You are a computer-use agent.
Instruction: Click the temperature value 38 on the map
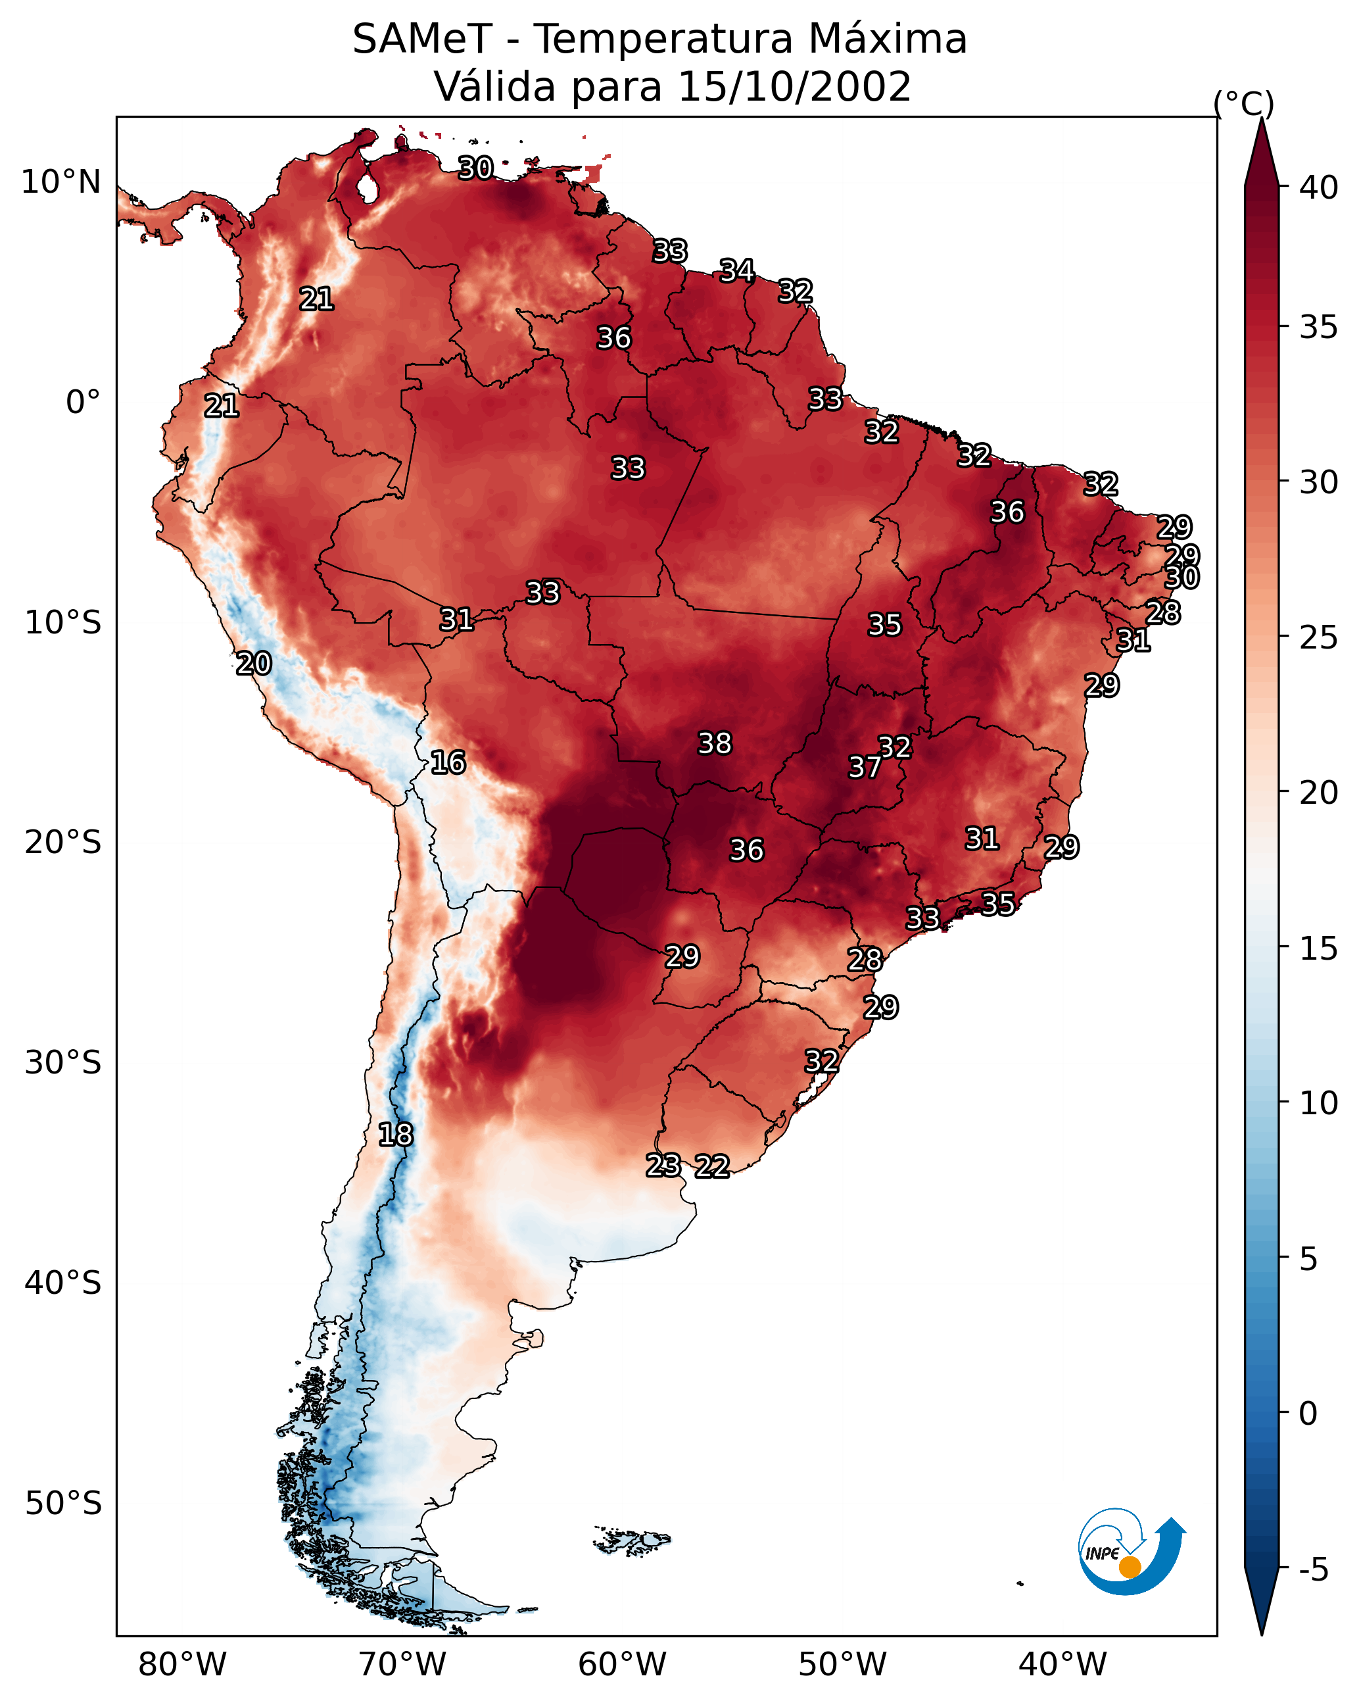715,743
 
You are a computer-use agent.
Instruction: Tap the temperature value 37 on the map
865,767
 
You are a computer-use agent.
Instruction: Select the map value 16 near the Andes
448,762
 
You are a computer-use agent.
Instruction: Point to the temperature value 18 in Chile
395,1135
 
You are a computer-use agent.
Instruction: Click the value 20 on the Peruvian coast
254,664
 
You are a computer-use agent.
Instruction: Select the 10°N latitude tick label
60,182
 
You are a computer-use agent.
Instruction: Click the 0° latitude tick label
83,403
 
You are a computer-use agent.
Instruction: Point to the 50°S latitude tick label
63,1504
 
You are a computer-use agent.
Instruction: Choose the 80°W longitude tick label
182,1664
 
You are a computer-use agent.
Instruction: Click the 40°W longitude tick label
1062,1664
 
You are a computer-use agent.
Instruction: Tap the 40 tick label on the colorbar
1319,187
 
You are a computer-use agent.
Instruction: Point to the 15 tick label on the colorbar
1319,949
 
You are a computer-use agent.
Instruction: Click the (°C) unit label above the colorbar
1244,104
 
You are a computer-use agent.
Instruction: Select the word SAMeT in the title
422,39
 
